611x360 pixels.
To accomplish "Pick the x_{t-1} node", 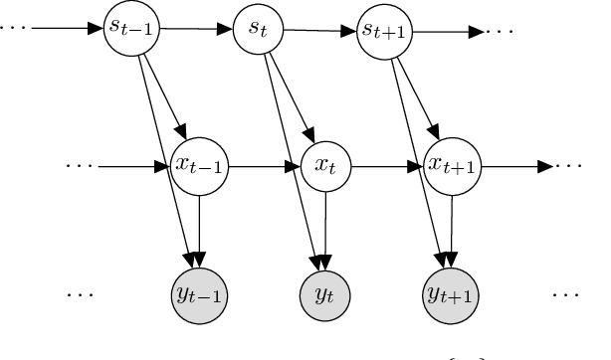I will [x=200, y=165].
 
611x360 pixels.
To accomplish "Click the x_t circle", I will [x=326, y=165].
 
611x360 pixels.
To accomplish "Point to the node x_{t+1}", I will [x=451, y=165].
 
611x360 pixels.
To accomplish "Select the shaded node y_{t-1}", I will [x=200, y=293].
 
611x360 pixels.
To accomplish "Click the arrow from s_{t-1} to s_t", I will [x=197, y=28].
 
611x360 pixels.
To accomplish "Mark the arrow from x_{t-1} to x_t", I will [x=264, y=166].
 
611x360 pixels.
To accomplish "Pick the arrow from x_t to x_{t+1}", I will [x=388, y=166].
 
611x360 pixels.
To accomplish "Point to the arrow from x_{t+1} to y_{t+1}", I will [x=451, y=229].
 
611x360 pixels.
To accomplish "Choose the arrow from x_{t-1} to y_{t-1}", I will [x=200, y=229].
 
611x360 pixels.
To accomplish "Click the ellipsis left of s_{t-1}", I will [x=14, y=26].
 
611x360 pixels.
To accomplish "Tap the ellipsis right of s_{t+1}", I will [x=499, y=30].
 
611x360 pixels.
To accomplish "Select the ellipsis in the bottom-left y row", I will [x=80, y=294].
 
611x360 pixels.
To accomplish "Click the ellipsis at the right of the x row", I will [x=570, y=166].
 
